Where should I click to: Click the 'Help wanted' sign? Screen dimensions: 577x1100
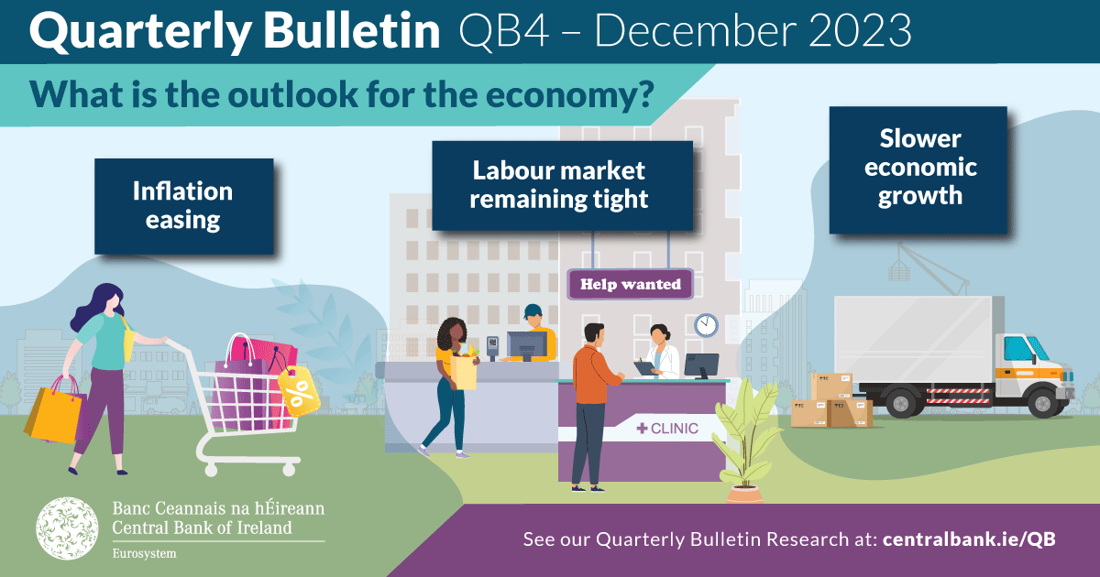tap(631, 284)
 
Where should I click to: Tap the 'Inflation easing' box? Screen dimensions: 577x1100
tap(183, 206)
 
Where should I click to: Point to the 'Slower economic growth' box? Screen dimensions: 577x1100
tap(919, 169)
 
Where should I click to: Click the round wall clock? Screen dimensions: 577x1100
tap(706, 325)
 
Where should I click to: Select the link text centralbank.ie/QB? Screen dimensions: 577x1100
tap(969, 539)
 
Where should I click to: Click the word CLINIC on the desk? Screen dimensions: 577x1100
tap(675, 428)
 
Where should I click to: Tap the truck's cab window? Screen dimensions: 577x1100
tap(1019, 348)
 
